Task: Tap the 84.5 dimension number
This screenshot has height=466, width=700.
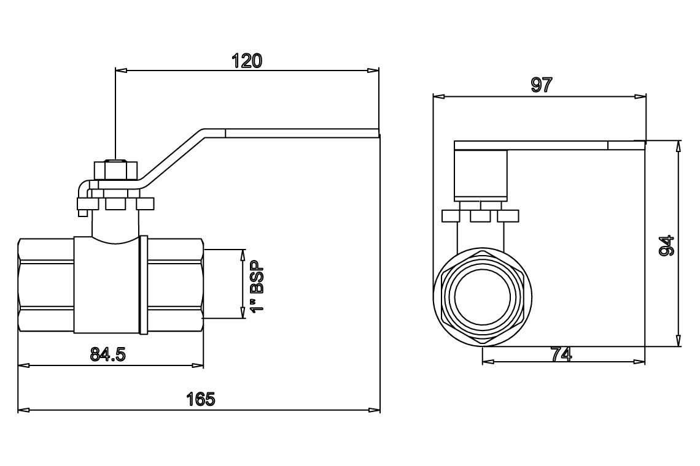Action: [108, 354]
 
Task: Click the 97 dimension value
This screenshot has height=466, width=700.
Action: [542, 85]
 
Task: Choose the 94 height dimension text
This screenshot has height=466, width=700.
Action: [666, 245]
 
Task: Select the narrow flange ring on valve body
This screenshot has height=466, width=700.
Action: [144, 285]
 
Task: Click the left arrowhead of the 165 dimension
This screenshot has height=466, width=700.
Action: [23, 410]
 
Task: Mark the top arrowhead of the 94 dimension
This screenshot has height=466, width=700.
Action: [679, 146]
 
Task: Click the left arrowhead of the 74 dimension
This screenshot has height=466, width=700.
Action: [488, 362]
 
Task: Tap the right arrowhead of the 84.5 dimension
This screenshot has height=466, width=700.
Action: [198, 365]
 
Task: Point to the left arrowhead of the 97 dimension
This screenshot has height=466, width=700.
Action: [438, 96]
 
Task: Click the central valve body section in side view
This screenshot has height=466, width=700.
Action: [107, 285]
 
